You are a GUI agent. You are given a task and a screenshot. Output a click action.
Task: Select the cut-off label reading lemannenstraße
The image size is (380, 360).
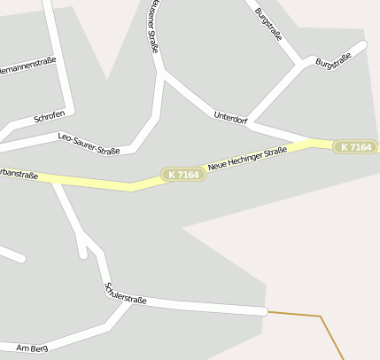27,64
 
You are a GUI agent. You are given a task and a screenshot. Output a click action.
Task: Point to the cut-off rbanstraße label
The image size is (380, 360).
19,174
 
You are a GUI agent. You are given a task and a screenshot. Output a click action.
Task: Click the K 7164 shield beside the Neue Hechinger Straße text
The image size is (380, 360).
182,176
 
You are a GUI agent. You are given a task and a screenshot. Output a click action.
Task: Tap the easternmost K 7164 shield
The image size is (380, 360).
355,146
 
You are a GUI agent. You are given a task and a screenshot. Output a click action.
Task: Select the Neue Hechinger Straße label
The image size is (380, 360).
247,160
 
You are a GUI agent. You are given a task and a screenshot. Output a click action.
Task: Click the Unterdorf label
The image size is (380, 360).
230,116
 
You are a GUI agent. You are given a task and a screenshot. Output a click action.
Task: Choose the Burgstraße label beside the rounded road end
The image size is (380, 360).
334,60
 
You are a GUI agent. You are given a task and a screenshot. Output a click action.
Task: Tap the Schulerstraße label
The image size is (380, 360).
126,293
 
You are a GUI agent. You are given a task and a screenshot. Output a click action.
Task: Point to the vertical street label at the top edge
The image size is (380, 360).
154,27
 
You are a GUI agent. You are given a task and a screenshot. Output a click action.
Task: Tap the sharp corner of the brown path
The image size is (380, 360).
320,316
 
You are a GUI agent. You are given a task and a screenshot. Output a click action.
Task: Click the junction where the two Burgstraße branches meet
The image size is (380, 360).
306,63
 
